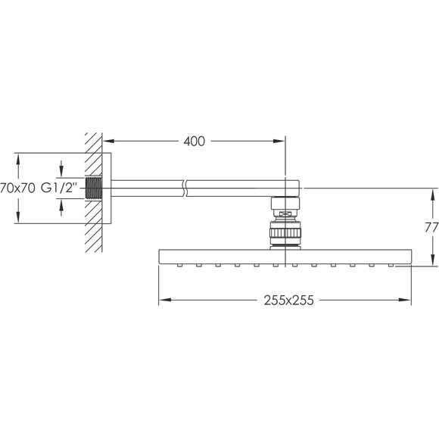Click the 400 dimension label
pos(194,142)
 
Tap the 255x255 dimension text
pos(288,300)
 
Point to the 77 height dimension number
pos(431,228)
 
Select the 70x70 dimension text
pos(17,188)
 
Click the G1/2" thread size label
pos(59,188)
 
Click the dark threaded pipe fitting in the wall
pos(93,188)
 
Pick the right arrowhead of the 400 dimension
pos(279,141)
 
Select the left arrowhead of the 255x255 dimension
pos(165,300)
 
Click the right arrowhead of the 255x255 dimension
pos(405,300)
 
